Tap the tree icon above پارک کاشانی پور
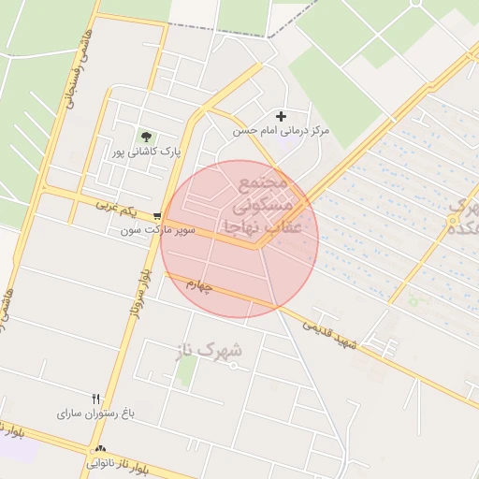145,137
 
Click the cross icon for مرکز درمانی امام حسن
281,116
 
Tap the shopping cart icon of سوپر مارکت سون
157,214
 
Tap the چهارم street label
198,283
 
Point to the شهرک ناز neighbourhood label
208,352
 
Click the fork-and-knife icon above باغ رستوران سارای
95,399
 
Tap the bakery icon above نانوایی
100,449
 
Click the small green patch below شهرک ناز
187,372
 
